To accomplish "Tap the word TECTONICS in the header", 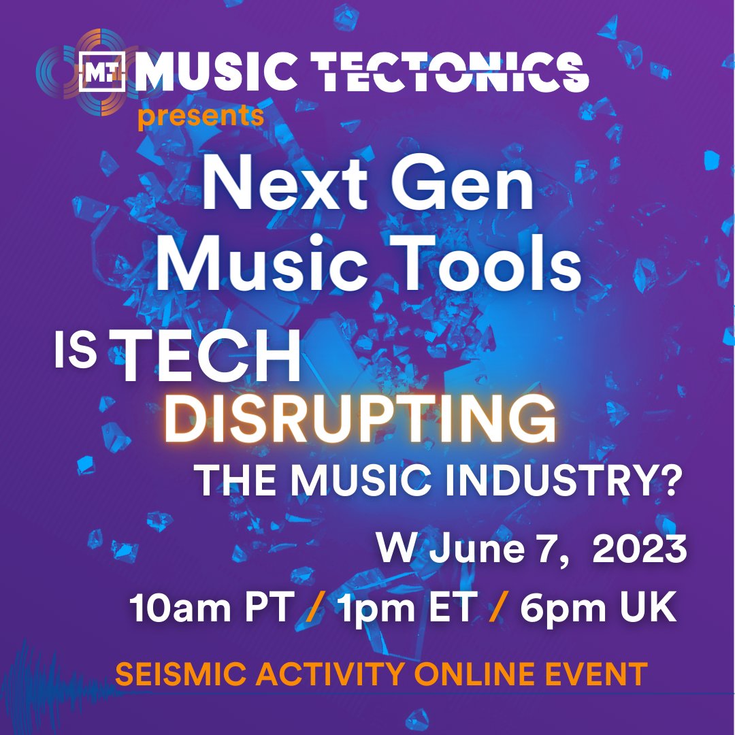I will pyautogui.click(x=453, y=72).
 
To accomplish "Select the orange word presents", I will pyautogui.click(x=201, y=116).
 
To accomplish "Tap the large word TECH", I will pyautogui.click(x=211, y=359).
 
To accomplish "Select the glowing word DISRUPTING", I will pyautogui.click(x=361, y=421).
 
